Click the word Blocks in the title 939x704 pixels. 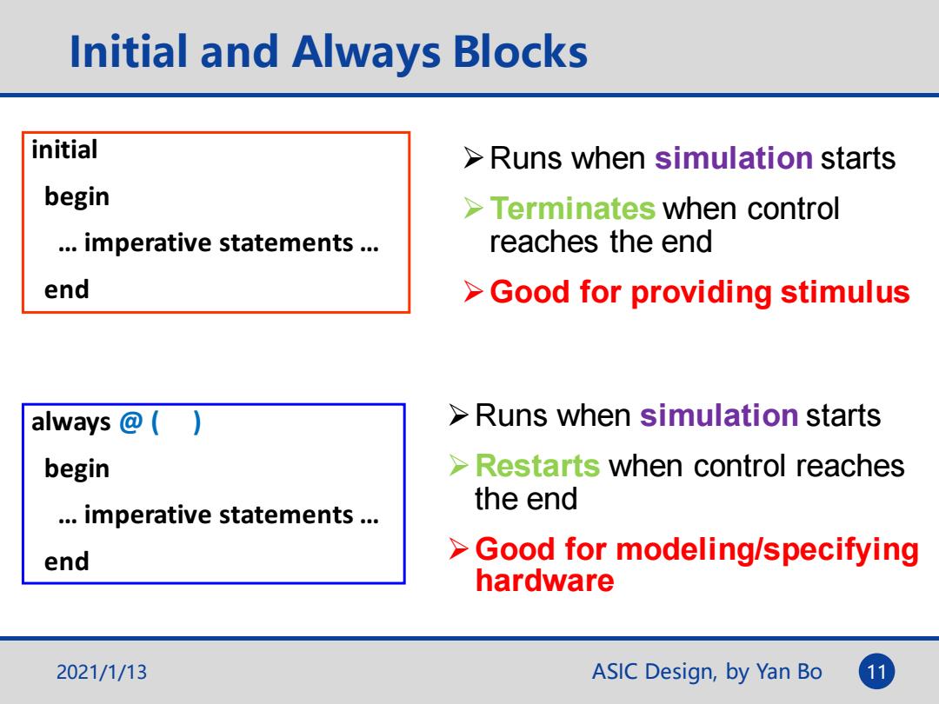(x=521, y=51)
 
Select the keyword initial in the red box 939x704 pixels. (x=64, y=149)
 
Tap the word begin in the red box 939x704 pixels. (x=77, y=197)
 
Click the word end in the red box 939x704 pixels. (x=66, y=289)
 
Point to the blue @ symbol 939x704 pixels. (x=130, y=422)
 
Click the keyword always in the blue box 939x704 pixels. (x=70, y=422)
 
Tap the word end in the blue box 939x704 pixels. (x=66, y=561)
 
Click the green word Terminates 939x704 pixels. (x=572, y=209)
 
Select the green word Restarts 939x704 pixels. (x=537, y=466)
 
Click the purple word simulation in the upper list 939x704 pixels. (x=734, y=158)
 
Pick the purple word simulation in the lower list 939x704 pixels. (x=719, y=415)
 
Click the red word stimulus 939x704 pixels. (x=845, y=292)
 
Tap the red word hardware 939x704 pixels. (x=544, y=581)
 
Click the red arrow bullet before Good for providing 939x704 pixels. (x=473, y=292)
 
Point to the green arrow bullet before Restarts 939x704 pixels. (x=459, y=466)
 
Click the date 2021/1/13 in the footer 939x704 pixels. (x=101, y=672)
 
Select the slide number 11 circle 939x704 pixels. (x=876, y=671)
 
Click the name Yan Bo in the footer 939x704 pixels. (x=789, y=672)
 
